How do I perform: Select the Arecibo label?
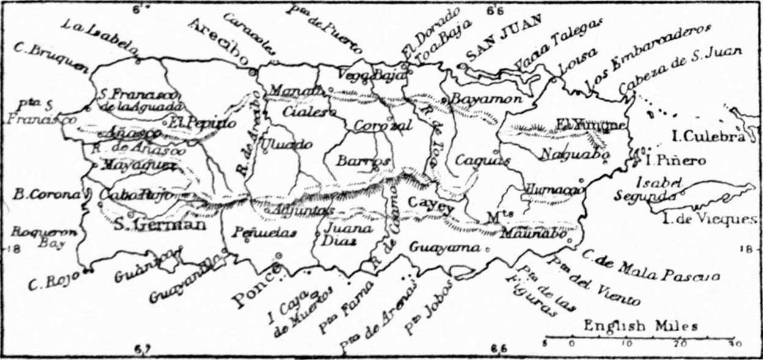coord(219,41)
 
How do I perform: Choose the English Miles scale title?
coord(640,326)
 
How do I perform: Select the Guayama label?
coord(444,248)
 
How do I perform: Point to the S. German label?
coord(161,224)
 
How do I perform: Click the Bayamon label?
coord(486,98)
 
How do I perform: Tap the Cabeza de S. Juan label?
coord(679,70)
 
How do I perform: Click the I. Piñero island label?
coord(676,161)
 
